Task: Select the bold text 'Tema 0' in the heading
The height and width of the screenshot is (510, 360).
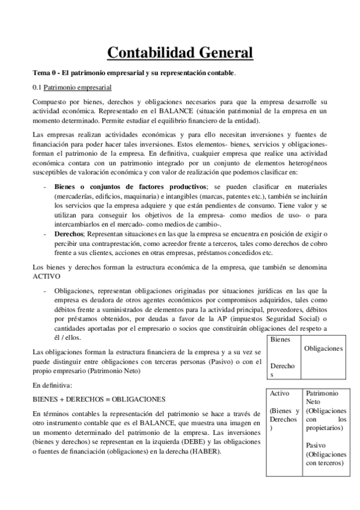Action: [44, 73]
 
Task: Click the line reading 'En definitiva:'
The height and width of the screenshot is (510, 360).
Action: [52, 384]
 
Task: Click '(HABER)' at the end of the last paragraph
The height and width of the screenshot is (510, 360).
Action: [203, 452]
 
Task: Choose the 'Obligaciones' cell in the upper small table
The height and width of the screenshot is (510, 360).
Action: [323, 348]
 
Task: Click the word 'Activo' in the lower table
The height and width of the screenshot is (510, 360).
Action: [280, 393]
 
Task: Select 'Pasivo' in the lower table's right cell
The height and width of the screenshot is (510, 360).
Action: [316, 446]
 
